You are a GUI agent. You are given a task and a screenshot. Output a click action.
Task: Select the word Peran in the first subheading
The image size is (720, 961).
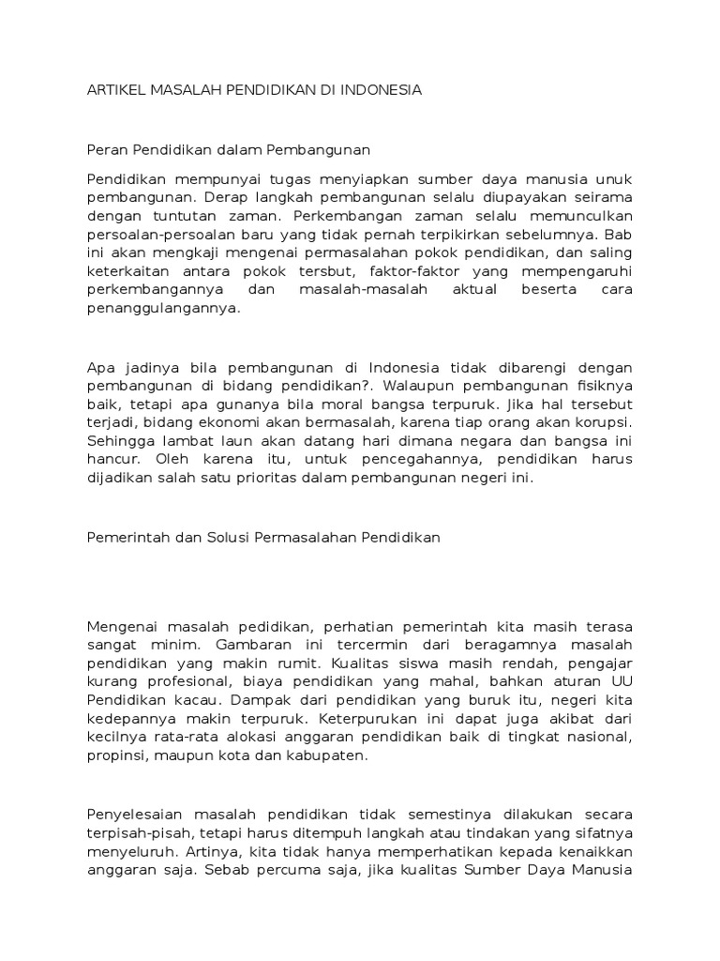click(x=105, y=149)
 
